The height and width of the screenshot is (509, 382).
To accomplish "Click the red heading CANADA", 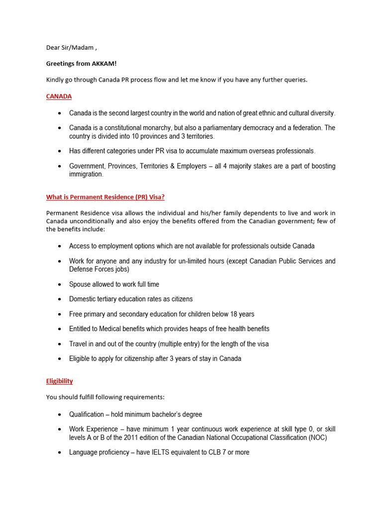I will [59, 96].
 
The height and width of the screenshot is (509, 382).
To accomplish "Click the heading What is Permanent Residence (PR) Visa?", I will [105, 197].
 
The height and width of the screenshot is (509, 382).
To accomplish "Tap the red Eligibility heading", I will [59, 381].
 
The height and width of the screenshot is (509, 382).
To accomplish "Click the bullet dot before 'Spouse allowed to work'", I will [59, 285].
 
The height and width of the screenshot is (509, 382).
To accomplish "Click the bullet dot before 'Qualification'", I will [59, 415].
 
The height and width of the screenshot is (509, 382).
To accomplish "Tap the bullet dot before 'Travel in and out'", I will [59, 344].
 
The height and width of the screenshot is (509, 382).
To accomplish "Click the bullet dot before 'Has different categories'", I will [59, 151].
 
